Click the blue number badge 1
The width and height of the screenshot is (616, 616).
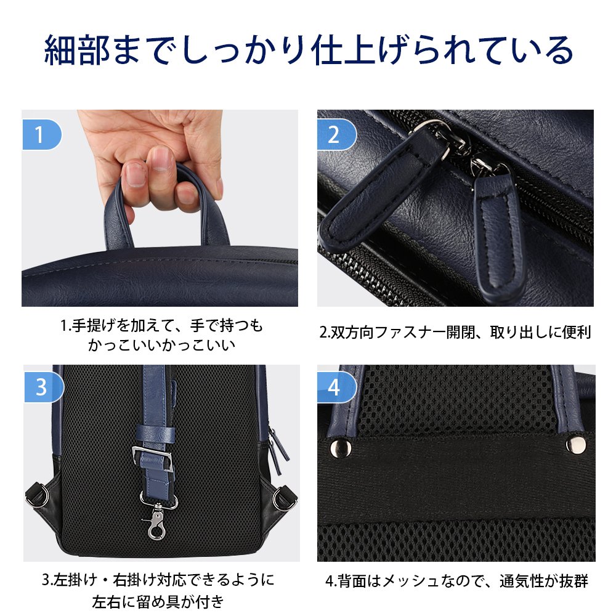click(41, 135)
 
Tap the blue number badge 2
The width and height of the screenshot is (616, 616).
click(336, 135)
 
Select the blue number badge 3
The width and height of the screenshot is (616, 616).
click(43, 387)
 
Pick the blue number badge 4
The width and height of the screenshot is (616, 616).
click(336, 387)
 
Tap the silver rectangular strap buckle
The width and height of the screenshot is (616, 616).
click(152, 458)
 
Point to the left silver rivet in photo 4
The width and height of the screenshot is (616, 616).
click(340, 447)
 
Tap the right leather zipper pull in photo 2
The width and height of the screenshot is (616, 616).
click(499, 232)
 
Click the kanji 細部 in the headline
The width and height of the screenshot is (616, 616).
click(77, 51)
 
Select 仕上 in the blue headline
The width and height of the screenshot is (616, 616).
click(344, 51)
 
